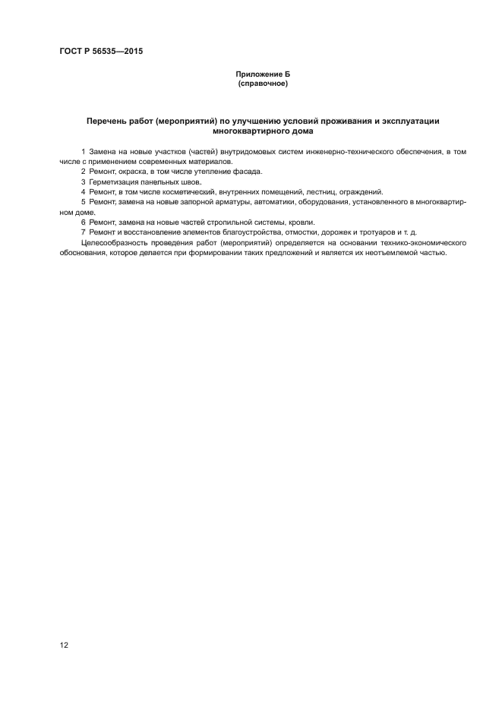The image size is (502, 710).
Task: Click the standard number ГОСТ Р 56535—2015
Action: (101, 52)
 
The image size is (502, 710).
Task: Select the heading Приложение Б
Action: (263, 74)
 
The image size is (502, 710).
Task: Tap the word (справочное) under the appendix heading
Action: (263, 83)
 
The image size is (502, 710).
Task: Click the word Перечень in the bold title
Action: (108, 121)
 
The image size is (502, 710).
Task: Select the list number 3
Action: (83, 182)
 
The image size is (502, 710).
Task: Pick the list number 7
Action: (83, 232)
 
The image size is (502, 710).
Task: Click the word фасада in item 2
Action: (246, 172)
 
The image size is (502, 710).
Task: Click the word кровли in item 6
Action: (298, 222)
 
